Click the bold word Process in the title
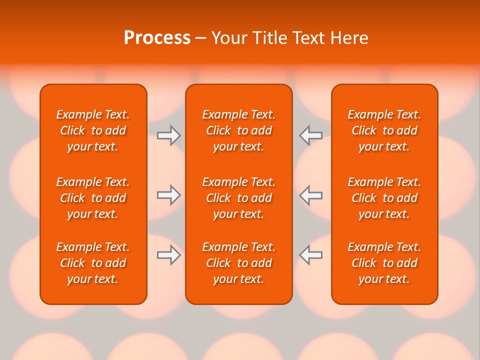pyautogui.click(x=157, y=38)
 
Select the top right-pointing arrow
pyautogui.click(x=168, y=135)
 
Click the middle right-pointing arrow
pyautogui.click(x=168, y=195)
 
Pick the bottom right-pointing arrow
pyautogui.click(x=168, y=255)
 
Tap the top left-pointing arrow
pyautogui.click(x=311, y=135)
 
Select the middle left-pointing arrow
pyautogui.click(x=311, y=195)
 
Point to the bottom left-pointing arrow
pyautogui.click(x=311, y=255)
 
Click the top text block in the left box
pyautogui.click(x=93, y=130)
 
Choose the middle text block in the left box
pyautogui.click(x=93, y=198)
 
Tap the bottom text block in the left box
pyautogui.click(x=93, y=263)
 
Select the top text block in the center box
pyautogui.click(x=238, y=130)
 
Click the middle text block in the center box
pyautogui.click(x=238, y=198)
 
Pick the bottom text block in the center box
pyautogui.click(x=238, y=263)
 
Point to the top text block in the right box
pyautogui.click(x=384, y=130)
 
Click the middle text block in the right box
pyautogui.click(x=384, y=198)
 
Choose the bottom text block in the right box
pyautogui.click(x=384, y=263)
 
